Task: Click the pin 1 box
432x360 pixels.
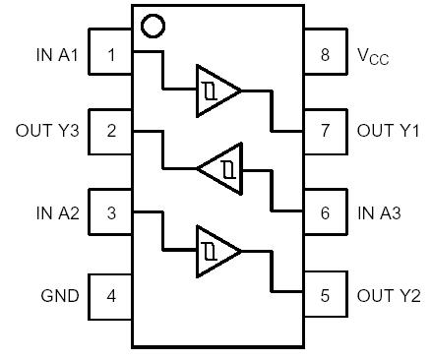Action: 111,54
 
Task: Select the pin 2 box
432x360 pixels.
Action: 111,131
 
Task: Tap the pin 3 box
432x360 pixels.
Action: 111,211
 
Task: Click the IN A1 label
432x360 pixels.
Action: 56,54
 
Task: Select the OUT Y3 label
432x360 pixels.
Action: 46,131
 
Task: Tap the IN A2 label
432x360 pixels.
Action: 56,211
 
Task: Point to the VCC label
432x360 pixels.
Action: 373,55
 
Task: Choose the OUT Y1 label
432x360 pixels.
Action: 388,131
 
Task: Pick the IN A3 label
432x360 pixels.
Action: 379,211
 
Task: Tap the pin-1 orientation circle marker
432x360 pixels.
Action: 152,25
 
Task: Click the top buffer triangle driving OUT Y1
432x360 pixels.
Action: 216,90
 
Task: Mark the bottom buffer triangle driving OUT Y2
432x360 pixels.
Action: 216,250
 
